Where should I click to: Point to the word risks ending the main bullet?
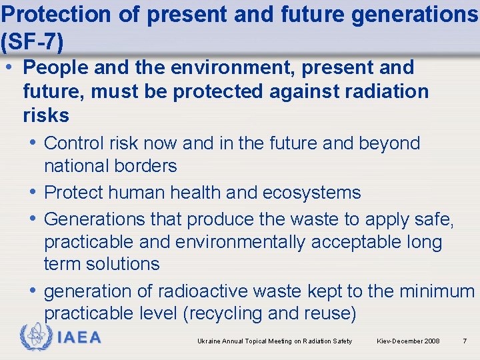point(46,115)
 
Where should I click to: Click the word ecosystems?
point(311,193)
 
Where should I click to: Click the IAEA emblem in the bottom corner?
point(35,337)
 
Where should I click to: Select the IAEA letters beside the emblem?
point(79,338)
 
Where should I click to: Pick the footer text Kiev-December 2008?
point(408,341)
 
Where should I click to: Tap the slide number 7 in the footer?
point(464,341)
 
